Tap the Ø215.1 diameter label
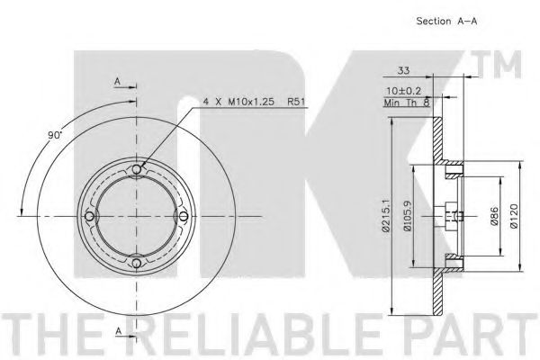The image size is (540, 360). click(x=384, y=216)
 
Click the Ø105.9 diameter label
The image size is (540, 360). click(x=409, y=216)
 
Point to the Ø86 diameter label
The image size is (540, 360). click(x=492, y=216)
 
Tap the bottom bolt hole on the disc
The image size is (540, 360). click(x=136, y=263)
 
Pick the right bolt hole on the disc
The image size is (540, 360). click(x=183, y=216)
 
